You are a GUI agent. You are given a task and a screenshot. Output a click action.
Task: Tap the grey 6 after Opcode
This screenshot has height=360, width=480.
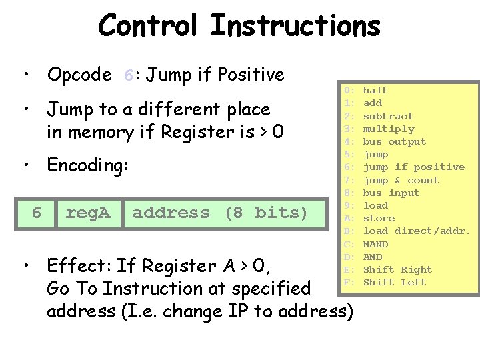[129, 75]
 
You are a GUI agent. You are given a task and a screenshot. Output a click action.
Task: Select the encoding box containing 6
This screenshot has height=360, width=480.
[37, 213]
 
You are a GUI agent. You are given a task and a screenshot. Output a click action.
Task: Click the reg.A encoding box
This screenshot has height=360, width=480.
[89, 213]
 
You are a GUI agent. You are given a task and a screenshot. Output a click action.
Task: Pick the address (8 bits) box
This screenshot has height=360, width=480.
[220, 213]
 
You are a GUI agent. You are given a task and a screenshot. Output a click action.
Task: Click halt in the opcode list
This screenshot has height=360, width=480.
[375, 90]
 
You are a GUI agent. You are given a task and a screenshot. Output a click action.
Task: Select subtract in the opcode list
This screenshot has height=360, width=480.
[388, 116]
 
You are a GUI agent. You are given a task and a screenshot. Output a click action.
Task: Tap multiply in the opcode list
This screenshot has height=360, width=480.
[388, 129]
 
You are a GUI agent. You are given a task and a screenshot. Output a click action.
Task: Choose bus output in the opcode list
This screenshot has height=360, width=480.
[394, 141]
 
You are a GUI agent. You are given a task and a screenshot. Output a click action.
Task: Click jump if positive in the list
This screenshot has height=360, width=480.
[413, 167]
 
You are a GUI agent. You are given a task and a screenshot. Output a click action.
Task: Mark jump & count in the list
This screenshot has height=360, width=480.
[401, 180]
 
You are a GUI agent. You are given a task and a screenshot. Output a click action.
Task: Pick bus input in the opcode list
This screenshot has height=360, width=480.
[391, 193]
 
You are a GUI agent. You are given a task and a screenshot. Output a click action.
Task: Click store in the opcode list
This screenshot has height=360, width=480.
[378, 218]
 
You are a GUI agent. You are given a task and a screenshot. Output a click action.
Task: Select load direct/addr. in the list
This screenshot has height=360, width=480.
[416, 231]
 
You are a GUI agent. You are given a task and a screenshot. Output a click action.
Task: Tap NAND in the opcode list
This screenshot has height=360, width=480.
[375, 244]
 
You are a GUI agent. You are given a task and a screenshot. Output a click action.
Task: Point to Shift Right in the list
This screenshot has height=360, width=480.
[397, 269]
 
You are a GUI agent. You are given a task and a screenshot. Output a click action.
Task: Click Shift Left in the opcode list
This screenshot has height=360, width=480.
[394, 282]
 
